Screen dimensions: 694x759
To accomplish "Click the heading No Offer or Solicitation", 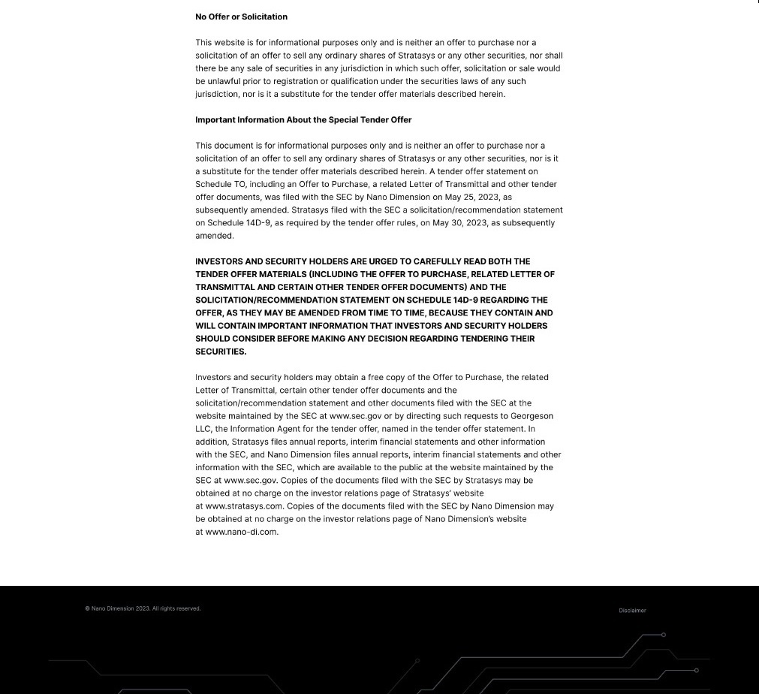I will tap(241, 17).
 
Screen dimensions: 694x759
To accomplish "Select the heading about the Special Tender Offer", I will tap(303, 119).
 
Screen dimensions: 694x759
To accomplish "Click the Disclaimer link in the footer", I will tap(632, 611).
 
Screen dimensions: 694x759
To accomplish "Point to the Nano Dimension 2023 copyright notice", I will tap(143, 608).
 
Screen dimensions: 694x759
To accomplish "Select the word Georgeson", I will tap(532, 415).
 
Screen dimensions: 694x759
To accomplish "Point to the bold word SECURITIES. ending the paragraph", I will tap(221, 352).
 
